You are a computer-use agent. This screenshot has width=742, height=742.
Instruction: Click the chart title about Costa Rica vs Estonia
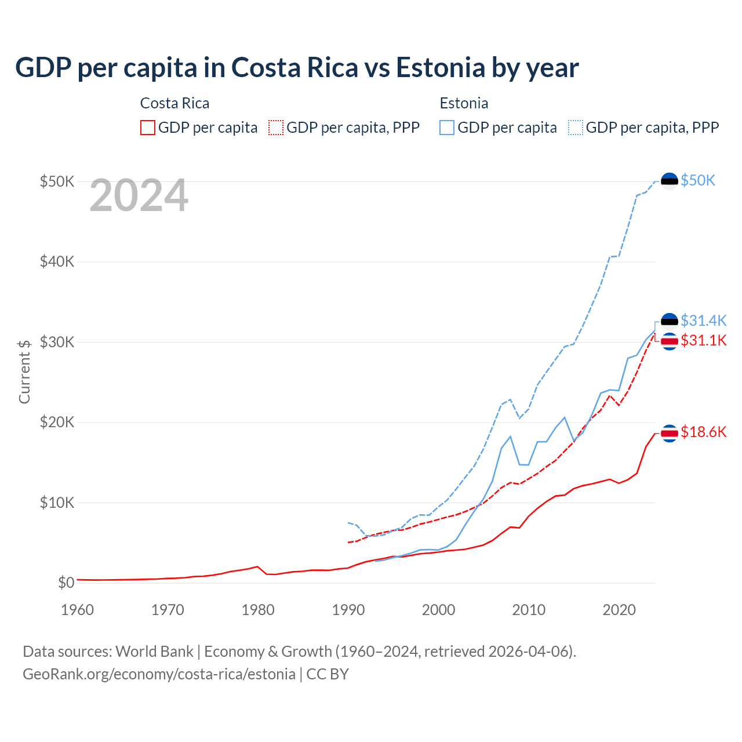(297, 68)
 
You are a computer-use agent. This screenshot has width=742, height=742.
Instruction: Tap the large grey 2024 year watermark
(139, 196)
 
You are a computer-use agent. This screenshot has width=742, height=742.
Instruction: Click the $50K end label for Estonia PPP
(698, 181)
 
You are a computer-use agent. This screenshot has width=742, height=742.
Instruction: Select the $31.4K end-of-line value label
(703, 321)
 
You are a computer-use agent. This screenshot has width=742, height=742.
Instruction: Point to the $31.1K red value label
(703, 340)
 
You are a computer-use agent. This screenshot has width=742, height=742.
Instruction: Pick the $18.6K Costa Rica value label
(703, 432)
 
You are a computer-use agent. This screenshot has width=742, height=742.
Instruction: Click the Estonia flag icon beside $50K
(670, 181)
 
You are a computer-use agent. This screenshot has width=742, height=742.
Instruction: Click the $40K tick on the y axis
(57, 261)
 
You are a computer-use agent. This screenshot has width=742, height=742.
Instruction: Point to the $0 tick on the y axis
(66, 583)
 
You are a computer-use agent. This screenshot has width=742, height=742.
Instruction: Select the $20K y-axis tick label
(57, 422)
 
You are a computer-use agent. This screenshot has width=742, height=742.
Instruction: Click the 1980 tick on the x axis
(258, 610)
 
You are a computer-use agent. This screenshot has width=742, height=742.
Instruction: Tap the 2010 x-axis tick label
(529, 610)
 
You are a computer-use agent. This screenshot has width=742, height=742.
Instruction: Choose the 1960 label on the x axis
(77, 610)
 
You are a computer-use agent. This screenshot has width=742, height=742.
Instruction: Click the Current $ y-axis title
(24, 372)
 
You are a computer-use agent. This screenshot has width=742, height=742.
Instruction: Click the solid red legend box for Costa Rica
(148, 128)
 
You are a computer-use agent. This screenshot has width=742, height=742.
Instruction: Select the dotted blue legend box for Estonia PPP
(576, 128)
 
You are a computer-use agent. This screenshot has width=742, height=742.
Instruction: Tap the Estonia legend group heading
(464, 103)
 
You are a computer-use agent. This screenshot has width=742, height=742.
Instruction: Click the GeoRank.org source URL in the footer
(159, 674)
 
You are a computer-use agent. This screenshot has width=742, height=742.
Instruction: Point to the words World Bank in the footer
(154, 652)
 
